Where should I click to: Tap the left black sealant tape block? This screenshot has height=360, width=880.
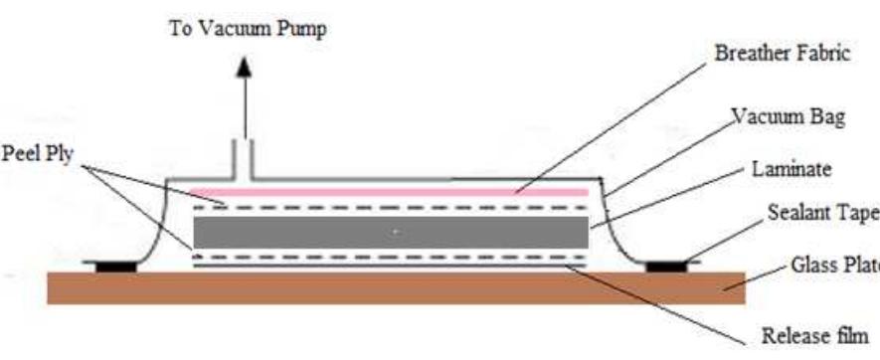tap(117, 266)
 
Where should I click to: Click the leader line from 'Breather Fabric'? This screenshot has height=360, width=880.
tap(616, 125)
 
